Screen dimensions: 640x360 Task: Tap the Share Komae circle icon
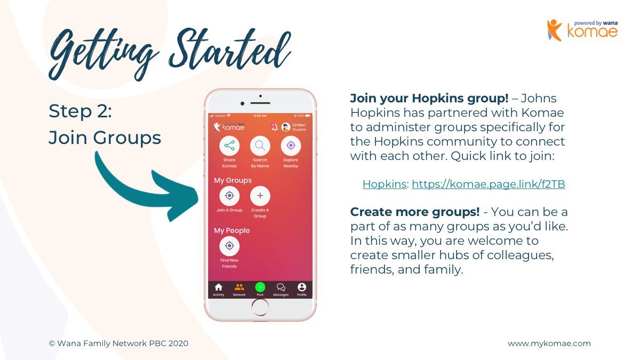pos(229,146)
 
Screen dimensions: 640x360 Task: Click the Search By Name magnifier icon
pos(260,146)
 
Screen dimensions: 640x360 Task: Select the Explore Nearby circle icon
pos(291,146)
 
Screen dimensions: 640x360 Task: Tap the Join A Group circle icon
pos(229,196)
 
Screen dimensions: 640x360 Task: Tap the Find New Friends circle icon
pos(229,246)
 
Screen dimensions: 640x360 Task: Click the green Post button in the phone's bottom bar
pos(260,287)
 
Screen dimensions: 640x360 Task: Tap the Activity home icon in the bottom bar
pos(219,287)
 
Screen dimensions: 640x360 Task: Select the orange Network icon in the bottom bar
pos(239,287)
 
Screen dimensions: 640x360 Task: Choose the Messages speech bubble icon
pos(281,287)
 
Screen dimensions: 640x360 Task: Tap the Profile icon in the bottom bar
pos(302,287)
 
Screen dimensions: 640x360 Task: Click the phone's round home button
pos(260,307)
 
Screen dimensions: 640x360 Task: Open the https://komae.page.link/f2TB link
pos(489,185)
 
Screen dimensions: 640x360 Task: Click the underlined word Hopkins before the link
pos(385,185)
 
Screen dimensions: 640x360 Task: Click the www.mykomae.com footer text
pos(549,343)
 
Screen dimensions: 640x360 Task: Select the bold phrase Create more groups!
pos(415,212)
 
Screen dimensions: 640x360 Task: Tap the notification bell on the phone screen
pos(274,127)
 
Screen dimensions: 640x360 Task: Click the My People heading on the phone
pos(231,230)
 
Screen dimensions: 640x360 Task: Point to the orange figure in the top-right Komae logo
pos(554,30)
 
